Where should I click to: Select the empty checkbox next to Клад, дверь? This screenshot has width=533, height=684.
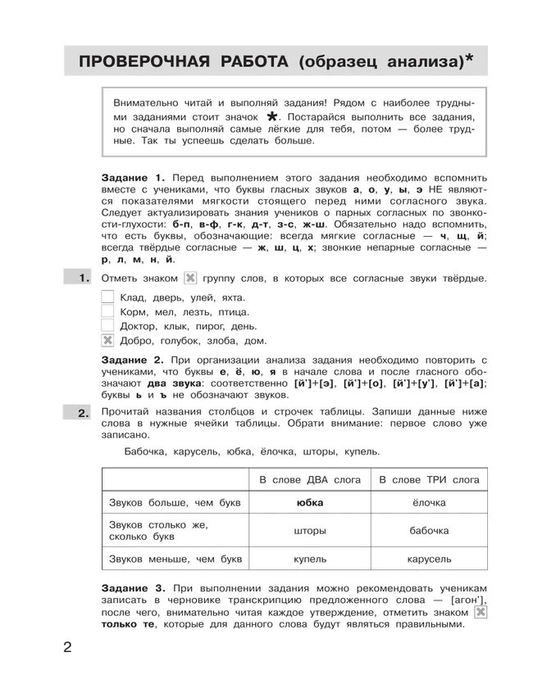point(107,297)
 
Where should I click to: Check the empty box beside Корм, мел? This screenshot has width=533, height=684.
point(107,311)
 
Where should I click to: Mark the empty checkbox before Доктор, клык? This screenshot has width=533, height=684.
point(107,326)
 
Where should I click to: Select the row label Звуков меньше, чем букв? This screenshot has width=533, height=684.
point(172,559)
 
